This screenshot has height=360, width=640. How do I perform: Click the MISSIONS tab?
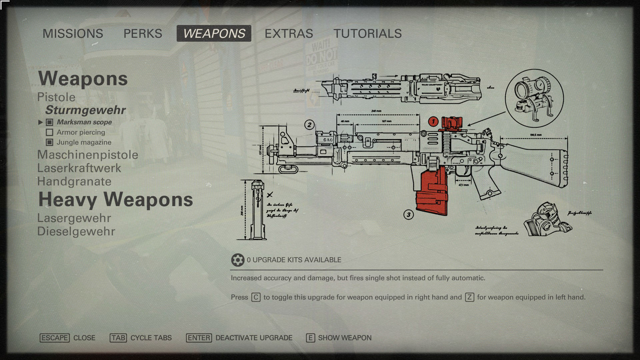[73, 33]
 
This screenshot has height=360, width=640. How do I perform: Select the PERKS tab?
[143, 33]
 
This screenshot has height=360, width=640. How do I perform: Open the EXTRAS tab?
[289, 33]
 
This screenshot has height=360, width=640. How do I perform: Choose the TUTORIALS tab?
[368, 33]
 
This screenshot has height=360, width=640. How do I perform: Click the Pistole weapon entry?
[56, 97]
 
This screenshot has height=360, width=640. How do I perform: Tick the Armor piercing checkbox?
[49, 132]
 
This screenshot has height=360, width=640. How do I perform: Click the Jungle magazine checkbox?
[49, 142]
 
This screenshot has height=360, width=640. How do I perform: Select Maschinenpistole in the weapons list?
[88, 155]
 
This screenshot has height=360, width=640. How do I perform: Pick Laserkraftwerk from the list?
[79, 168]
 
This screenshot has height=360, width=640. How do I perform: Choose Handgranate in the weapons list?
[74, 181]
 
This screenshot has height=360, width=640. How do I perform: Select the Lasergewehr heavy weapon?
[74, 218]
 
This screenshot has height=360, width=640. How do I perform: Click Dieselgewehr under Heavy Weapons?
[76, 231]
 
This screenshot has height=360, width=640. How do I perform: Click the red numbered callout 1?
[433, 121]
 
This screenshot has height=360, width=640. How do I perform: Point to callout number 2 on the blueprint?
[309, 125]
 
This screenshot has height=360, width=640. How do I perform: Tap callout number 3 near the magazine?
[409, 215]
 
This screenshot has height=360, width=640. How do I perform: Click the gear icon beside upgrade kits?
[237, 260]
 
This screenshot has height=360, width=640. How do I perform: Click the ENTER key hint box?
[199, 338]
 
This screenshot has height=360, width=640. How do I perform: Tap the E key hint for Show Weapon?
[310, 338]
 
